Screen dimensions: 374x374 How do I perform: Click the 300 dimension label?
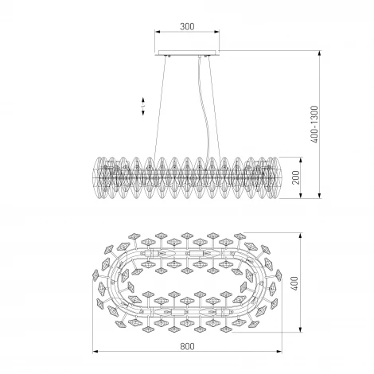coord(187,26)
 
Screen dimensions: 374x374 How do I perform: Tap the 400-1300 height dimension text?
coord(314,124)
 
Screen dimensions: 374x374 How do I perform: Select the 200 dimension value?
coord(296,177)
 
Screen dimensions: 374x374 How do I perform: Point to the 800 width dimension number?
coord(187,346)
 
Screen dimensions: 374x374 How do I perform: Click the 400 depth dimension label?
coord(295,283)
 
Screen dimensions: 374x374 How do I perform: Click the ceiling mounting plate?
coord(187,53)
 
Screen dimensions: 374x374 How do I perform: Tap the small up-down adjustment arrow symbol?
coord(143,107)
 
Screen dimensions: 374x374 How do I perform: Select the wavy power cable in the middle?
coord(204,106)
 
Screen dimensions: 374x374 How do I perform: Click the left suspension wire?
coord(160,107)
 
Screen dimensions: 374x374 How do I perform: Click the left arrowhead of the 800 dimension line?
coord(95,352)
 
